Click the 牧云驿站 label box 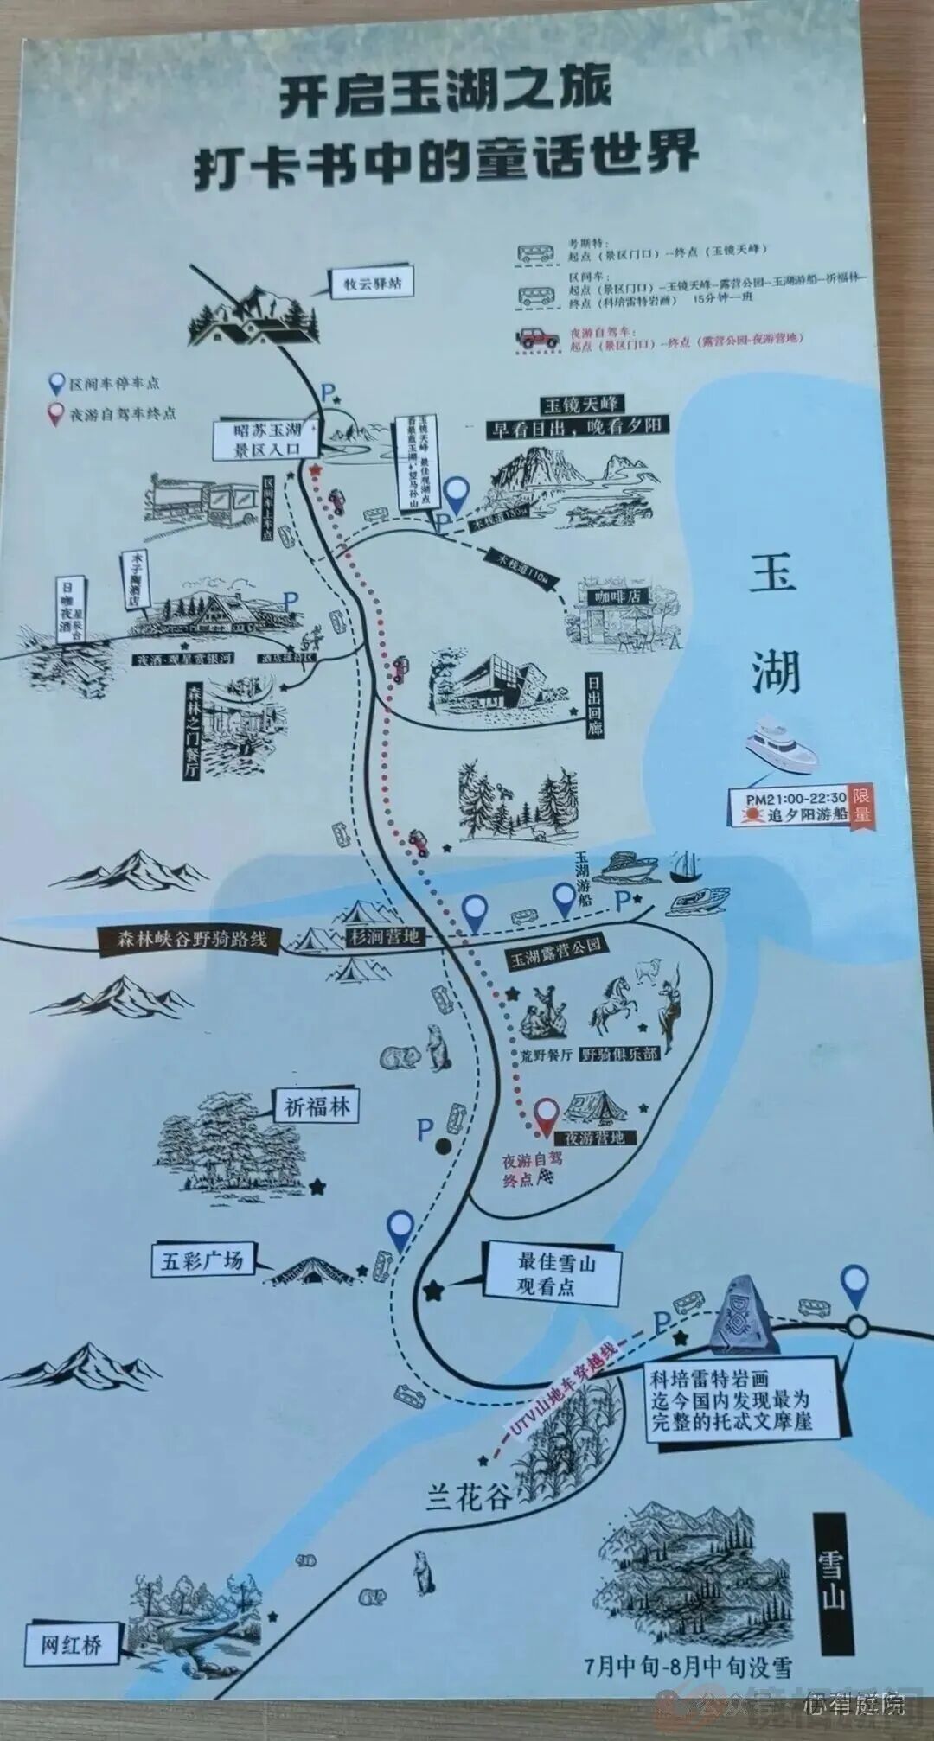click(x=373, y=284)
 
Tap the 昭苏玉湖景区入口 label click(x=267, y=439)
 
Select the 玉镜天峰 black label click(x=582, y=405)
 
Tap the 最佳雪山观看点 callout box click(x=557, y=1274)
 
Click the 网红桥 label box click(x=71, y=1643)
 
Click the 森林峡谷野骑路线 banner click(x=193, y=941)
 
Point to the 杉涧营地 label click(x=384, y=936)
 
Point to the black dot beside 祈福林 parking click(x=443, y=1146)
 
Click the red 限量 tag click(x=861, y=806)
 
